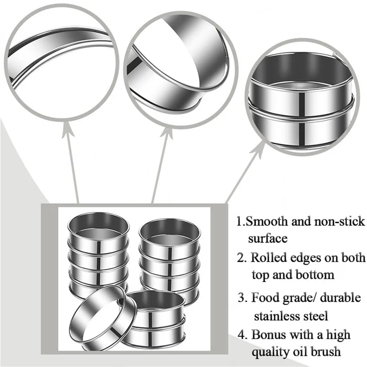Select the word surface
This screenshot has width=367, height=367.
(x=268, y=239)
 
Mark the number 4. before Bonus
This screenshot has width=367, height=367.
(x=243, y=334)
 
